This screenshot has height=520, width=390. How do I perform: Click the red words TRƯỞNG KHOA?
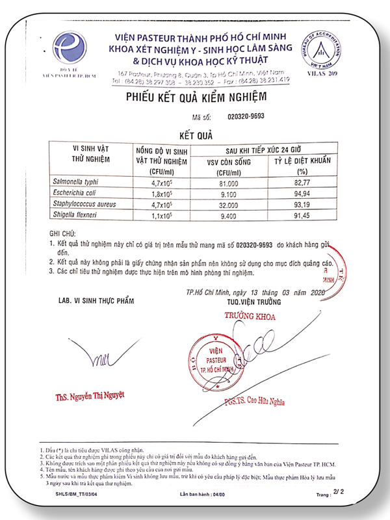click(250, 317)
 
